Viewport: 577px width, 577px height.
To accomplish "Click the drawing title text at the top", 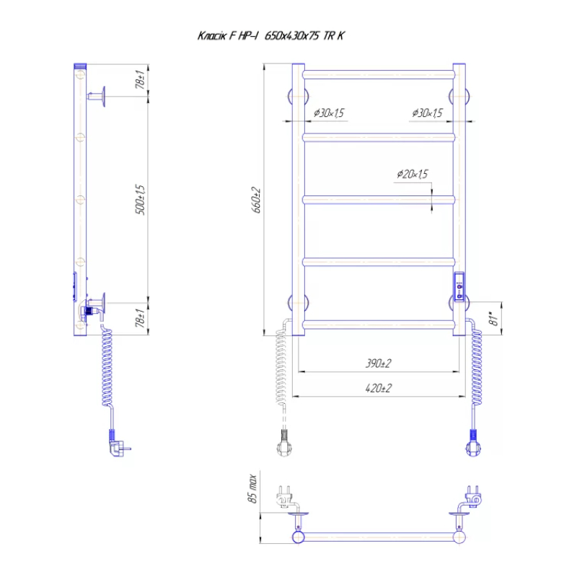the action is (271, 35).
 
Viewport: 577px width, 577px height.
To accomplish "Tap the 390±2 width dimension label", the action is (378, 364).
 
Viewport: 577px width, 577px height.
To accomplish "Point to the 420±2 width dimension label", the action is (378, 388).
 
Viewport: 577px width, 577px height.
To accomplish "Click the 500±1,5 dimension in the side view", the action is (140, 200).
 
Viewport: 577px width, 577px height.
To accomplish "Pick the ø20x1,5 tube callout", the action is (413, 174).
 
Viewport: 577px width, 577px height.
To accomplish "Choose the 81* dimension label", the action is (493, 319).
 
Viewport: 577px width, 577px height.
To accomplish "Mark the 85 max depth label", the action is (252, 489).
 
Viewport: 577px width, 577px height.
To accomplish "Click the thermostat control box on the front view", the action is (459, 286).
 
